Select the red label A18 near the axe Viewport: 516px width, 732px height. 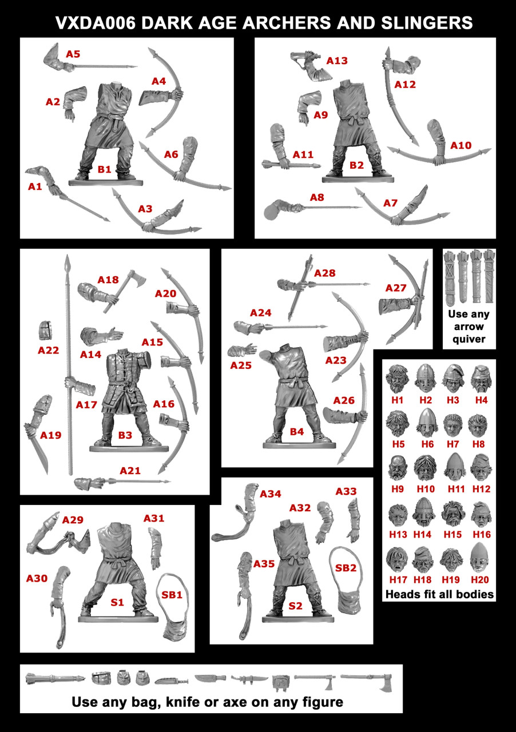[108, 280]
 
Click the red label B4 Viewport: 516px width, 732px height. [296, 432]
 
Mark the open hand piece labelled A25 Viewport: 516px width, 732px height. [240, 351]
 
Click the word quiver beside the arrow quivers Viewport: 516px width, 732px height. [469, 339]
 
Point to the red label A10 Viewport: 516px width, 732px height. [461, 145]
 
